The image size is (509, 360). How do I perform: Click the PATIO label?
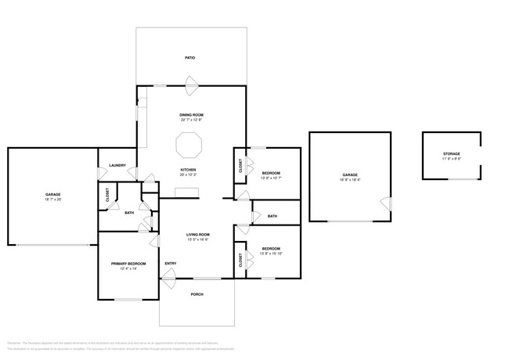190,58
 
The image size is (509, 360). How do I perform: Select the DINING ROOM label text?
191,115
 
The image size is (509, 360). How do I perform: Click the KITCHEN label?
188,170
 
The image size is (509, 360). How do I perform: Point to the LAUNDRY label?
117,165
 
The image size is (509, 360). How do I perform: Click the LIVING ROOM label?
197,235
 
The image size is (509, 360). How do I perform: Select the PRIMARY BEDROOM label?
128,264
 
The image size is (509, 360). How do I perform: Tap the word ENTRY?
170,263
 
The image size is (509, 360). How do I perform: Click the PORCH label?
197,294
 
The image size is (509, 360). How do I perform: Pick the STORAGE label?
451,153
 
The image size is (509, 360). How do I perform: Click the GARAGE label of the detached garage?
350,175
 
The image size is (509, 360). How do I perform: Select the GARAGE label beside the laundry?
52,194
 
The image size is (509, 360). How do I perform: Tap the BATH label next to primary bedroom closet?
128,212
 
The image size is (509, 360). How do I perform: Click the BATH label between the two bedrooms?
272,216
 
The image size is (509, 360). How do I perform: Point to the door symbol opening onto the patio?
191,82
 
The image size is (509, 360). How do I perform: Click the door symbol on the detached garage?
384,203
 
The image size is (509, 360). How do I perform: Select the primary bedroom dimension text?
128,269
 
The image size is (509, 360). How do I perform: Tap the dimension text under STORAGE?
451,159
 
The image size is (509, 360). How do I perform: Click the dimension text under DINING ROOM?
191,121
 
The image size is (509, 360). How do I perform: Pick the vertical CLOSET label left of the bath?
107,196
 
